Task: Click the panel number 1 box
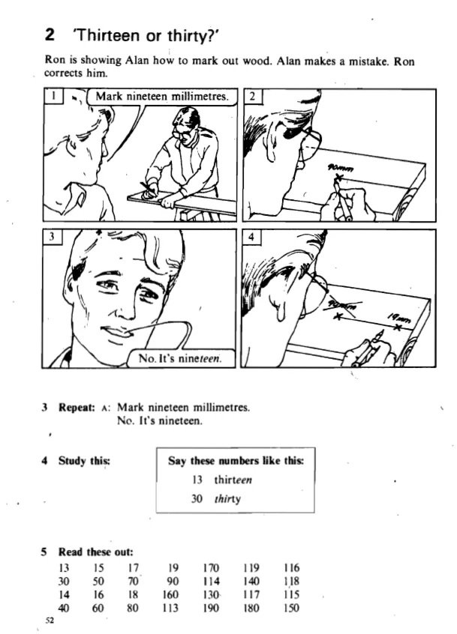click(x=53, y=96)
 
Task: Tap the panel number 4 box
click(x=251, y=237)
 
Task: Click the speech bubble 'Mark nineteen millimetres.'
click(x=162, y=97)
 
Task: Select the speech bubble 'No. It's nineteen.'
click(x=181, y=358)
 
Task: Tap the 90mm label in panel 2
click(x=340, y=167)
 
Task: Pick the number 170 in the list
click(x=211, y=568)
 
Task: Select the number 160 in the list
click(x=170, y=595)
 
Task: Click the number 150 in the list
click(x=291, y=608)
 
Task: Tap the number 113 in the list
click(x=170, y=608)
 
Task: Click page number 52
click(x=50, y=621)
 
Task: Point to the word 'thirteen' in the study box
click(x=233, y=480)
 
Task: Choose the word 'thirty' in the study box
click(x=227, y=499)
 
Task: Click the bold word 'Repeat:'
click(x=77, y=407)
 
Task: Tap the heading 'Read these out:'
click(x=96, y=552)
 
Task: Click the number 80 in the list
click(x=132, y=608)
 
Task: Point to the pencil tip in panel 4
click(x=381, y=331)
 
